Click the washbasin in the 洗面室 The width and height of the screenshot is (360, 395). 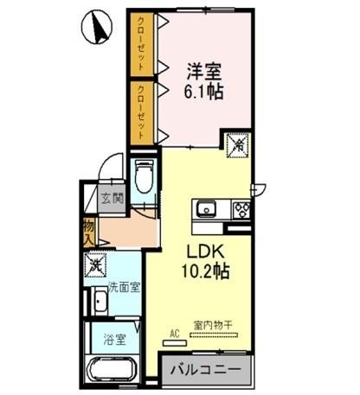click(100, 303)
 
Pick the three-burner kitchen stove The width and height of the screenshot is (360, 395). click(239, 209)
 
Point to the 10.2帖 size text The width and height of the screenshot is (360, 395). click(204, 271)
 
